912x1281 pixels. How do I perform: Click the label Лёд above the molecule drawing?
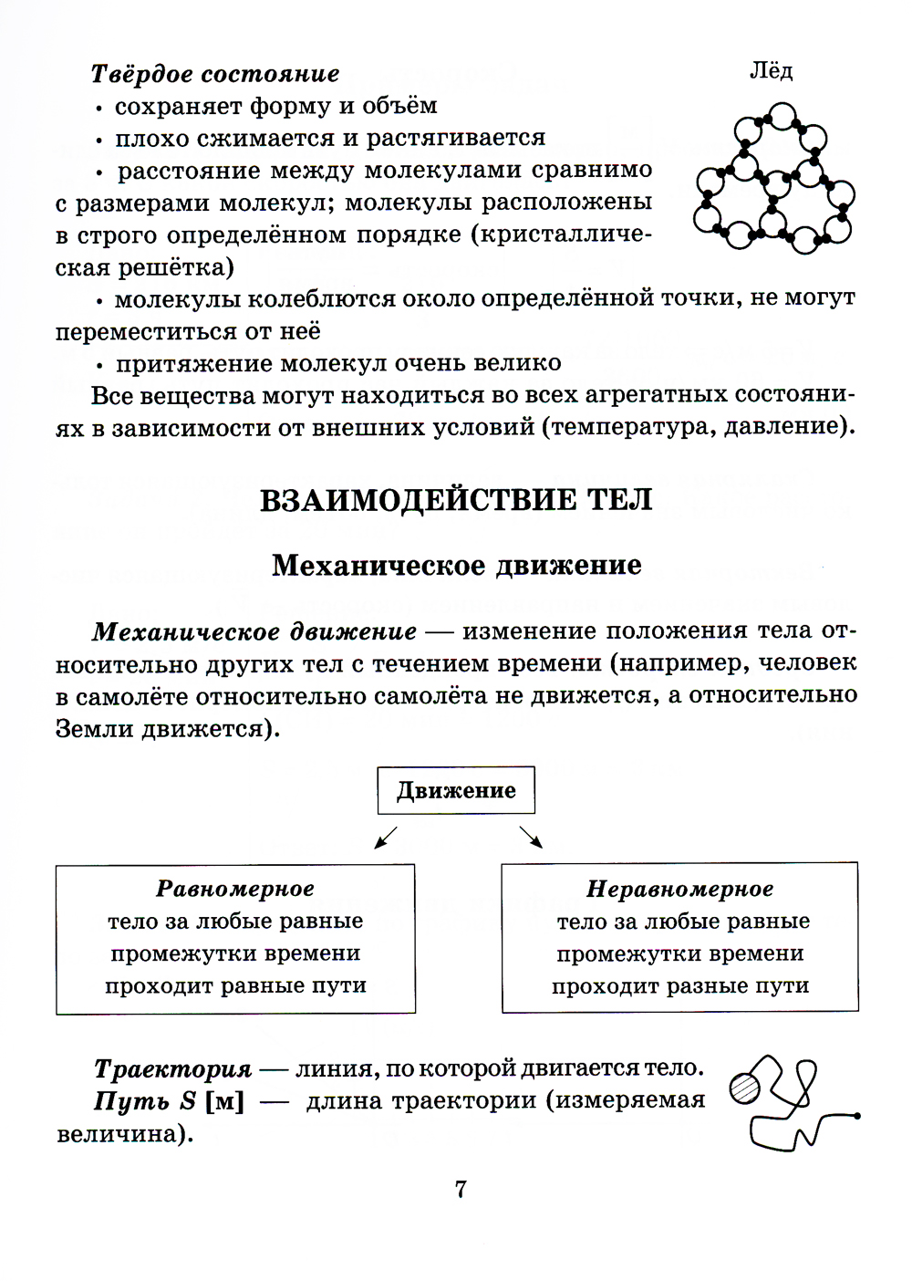pos(771,70)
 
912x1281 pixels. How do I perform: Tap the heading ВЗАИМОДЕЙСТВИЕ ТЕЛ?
pos(456,500)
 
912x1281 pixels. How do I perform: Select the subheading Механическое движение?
pos(456,566)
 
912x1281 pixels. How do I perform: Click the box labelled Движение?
pos(456,790)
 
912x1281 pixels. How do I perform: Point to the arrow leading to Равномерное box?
pos(387,836)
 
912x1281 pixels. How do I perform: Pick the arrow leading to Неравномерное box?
pos(530,836)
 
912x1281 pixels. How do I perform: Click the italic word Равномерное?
pos(235,889)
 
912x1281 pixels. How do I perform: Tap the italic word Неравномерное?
pos(679,889)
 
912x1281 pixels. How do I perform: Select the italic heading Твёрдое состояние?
pos(215,74)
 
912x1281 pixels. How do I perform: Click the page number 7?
pos(461,1189)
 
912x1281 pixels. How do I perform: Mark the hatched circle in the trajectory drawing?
pos(746,1088)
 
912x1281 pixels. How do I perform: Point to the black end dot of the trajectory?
pos(857,1115)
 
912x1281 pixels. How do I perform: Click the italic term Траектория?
pos(172,1068)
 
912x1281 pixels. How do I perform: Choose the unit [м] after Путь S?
pos(225,1101)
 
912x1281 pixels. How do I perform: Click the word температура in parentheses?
pos(626,427)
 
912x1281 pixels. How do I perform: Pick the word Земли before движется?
pos(95,729)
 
